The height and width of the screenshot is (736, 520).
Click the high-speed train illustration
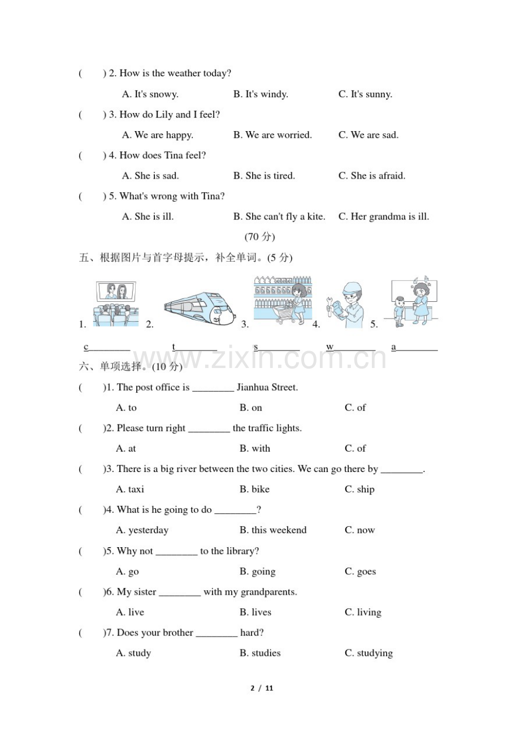[200, 306]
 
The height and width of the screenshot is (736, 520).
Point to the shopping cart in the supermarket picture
[285, 312]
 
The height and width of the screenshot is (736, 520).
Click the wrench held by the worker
[330, 306]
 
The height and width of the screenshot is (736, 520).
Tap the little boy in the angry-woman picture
[399, 311]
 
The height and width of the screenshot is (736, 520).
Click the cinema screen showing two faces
[116, 292]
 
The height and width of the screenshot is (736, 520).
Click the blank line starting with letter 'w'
[350, 348]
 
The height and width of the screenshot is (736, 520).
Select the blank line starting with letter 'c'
[107, 348]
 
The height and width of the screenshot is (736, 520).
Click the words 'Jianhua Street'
[266, 387]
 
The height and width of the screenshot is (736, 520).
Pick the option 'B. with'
[254, 448]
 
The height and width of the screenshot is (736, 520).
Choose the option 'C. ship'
[359, 489]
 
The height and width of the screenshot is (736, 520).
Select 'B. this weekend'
[272, 530]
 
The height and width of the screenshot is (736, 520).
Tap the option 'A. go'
[127, 572]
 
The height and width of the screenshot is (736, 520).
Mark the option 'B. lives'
[255, 612]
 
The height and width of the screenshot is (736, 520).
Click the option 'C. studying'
[369, 653]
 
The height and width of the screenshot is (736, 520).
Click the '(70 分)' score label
[259, 236]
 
